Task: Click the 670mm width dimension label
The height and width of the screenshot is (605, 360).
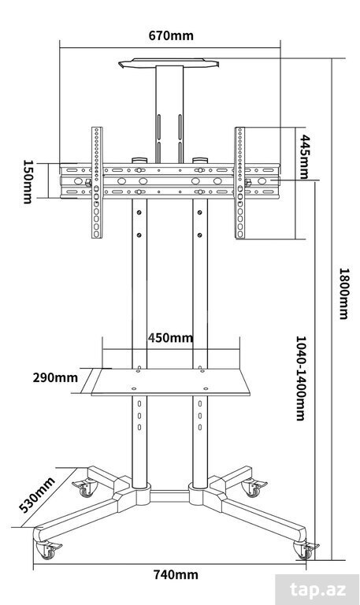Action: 171,35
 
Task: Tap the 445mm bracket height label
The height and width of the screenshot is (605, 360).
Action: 305,157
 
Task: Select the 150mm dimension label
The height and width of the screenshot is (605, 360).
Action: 28,181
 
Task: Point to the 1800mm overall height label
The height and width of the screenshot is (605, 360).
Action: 343,294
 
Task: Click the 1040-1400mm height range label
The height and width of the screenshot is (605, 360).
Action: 301,378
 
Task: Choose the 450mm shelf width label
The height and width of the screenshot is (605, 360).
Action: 170,338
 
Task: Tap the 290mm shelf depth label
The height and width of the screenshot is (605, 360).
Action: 55,377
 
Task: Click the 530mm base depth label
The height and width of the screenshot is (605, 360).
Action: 37,496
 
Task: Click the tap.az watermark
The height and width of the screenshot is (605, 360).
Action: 318,590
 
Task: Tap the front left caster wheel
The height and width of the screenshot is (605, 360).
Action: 48,549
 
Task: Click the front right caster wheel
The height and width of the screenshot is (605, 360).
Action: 306,550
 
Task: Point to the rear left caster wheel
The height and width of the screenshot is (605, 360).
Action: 86,488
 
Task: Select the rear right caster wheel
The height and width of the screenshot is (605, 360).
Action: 254,488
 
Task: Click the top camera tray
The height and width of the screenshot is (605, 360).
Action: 169,63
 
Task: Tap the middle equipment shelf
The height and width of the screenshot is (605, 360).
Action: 170,382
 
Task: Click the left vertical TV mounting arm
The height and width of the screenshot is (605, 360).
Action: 97,183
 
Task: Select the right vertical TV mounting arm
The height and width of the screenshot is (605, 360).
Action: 240,183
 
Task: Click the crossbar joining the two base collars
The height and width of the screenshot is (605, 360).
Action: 169,496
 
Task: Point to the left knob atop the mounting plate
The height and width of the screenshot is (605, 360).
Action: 139,160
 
